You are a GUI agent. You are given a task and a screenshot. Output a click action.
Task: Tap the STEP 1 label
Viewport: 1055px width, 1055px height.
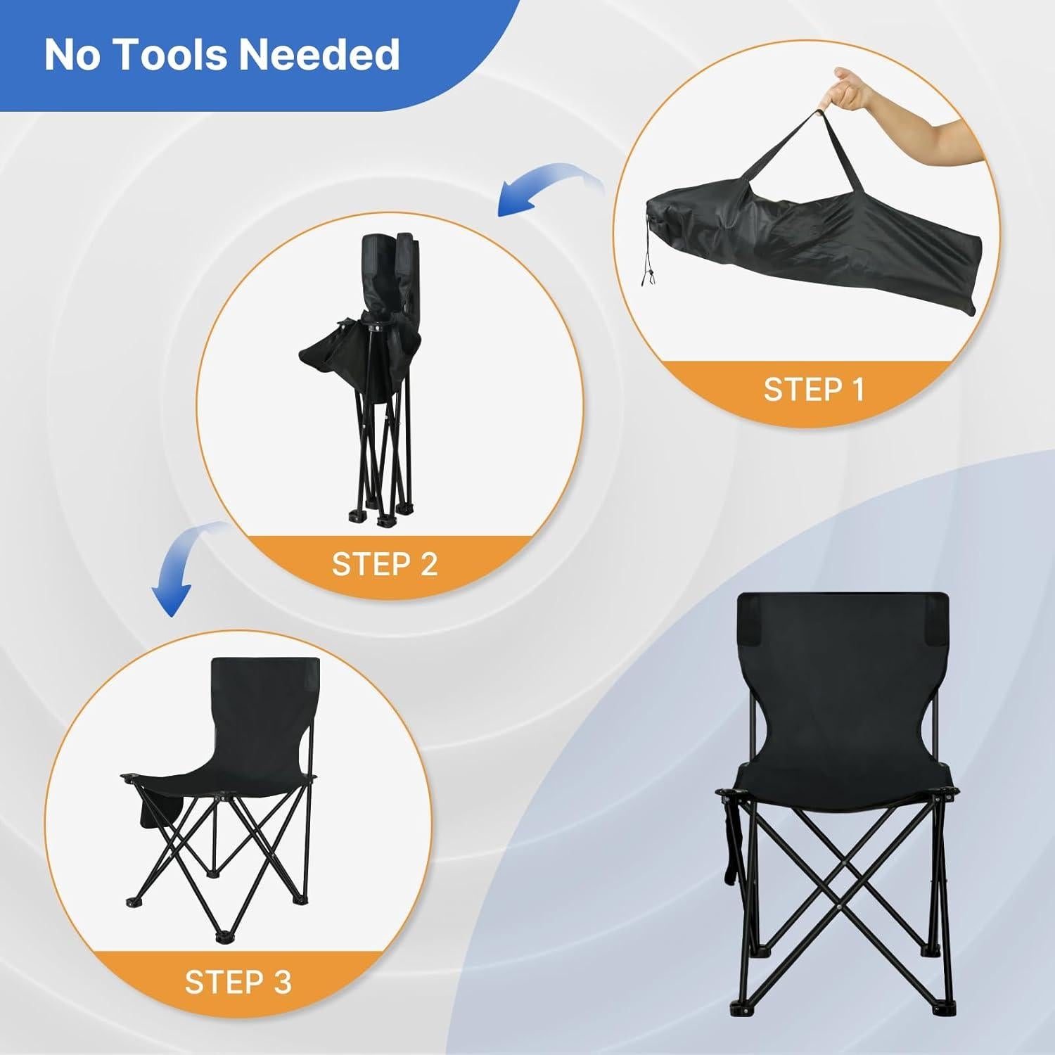point(814,389)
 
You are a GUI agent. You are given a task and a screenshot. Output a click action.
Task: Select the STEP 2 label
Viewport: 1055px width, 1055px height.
point(385,563)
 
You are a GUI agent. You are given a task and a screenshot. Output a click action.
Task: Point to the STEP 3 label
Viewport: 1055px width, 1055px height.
point(238,982)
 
